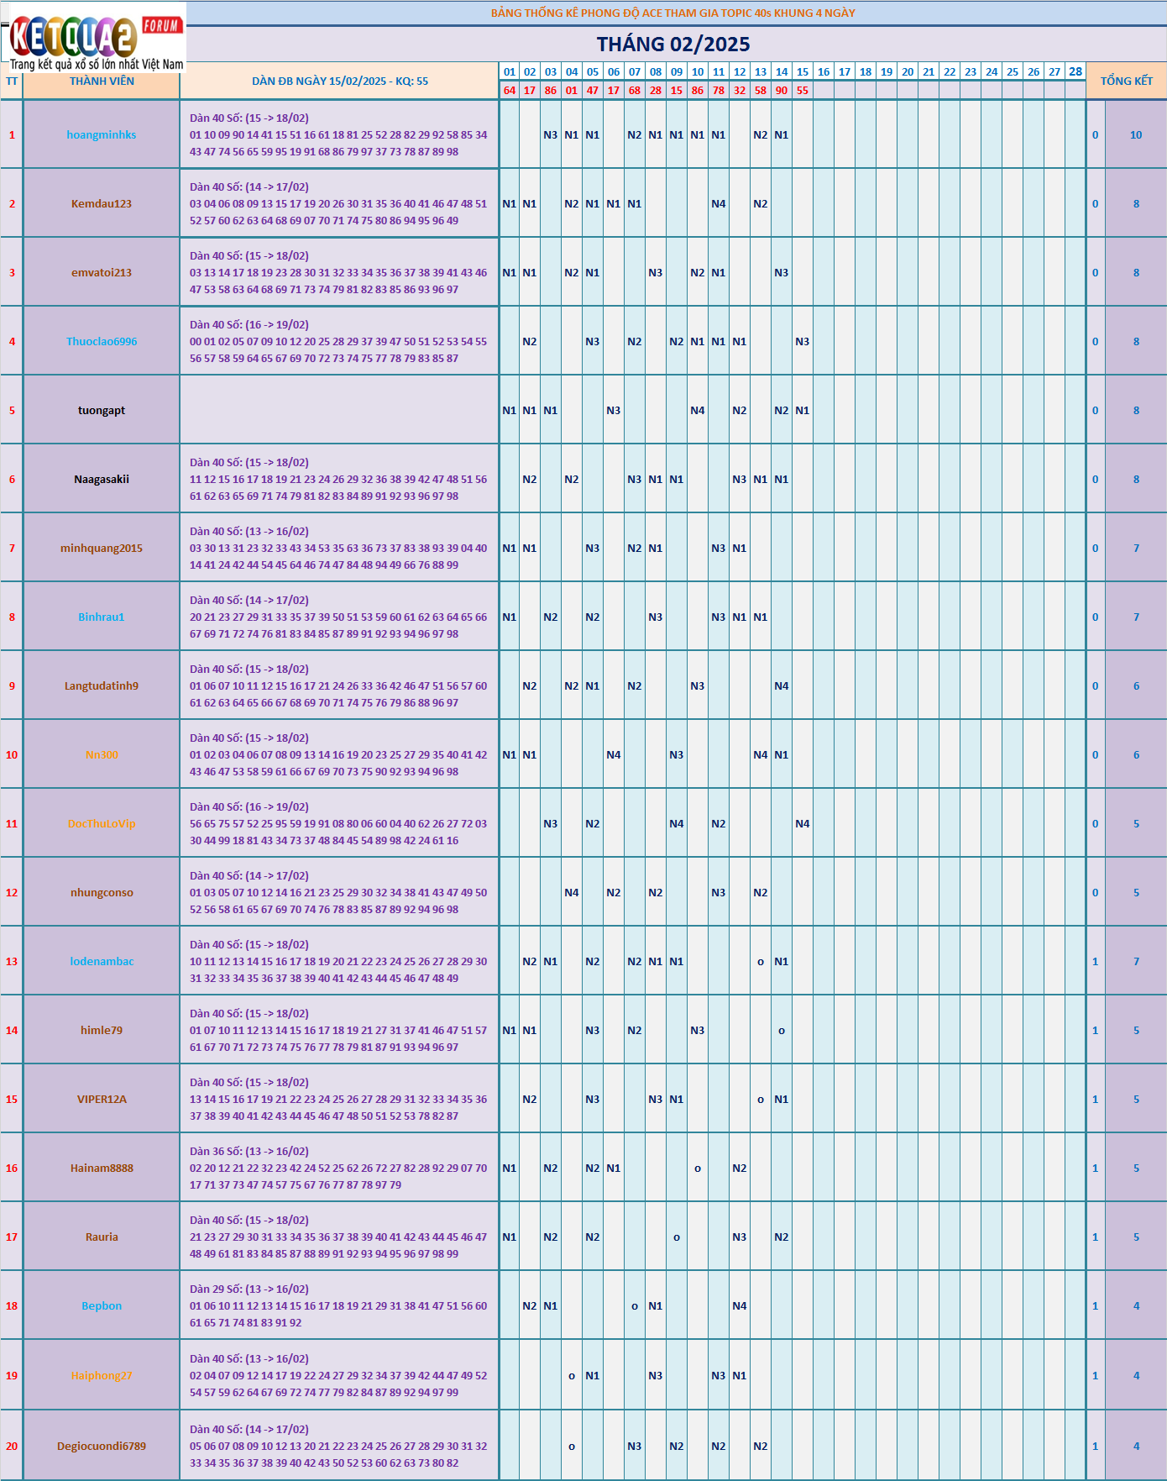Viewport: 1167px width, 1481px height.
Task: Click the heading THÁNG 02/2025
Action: tap(673, 45)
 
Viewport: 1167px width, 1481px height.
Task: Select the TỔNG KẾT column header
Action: tap(1126, 81)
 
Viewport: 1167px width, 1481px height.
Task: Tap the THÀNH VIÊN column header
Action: tap(102, 81)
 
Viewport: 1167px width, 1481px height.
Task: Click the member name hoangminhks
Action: tap(102, 134)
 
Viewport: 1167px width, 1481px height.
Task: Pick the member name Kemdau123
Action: tap(102, 203)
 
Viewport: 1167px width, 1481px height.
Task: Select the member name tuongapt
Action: tap(102, 410)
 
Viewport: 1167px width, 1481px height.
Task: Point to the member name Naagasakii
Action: tap(102, 479)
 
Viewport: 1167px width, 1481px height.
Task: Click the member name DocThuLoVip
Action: tap(102, 823)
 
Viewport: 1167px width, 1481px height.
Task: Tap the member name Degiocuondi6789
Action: tap(102, 1446)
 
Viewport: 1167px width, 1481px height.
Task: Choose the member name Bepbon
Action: tap(102, 1305)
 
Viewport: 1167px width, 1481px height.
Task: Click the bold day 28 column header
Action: tap(1075, 71)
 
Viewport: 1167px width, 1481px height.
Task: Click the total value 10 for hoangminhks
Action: tap(1136, 134)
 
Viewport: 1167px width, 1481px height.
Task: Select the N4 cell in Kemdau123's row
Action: tap(719, 203)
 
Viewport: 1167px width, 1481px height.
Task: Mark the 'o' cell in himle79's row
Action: tap(782, 1030)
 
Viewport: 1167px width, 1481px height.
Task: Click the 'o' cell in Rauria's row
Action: tap(677, 1237)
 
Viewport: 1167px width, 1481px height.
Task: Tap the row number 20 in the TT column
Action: tap(12, 1446)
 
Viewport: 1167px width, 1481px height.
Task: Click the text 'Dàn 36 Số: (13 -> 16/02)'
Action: tap(249, 1151)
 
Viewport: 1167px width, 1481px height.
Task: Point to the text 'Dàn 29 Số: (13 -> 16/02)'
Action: tap(249, 1289)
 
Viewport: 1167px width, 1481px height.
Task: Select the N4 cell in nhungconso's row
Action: tap(572, 892)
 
